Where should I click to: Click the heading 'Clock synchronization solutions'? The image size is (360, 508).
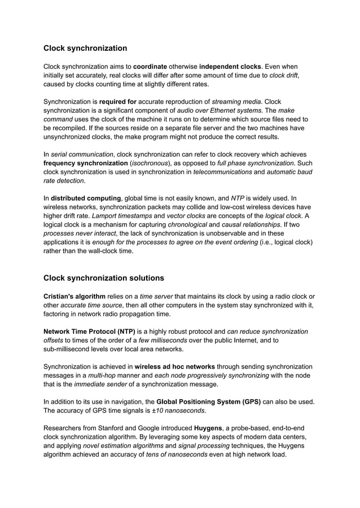pyautogui.click(x=104, y=277)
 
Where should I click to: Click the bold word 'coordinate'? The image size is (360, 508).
pyautogui.click(x=155, y=67)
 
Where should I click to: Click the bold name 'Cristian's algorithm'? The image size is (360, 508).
pyautogui.click(x=74, y=296)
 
